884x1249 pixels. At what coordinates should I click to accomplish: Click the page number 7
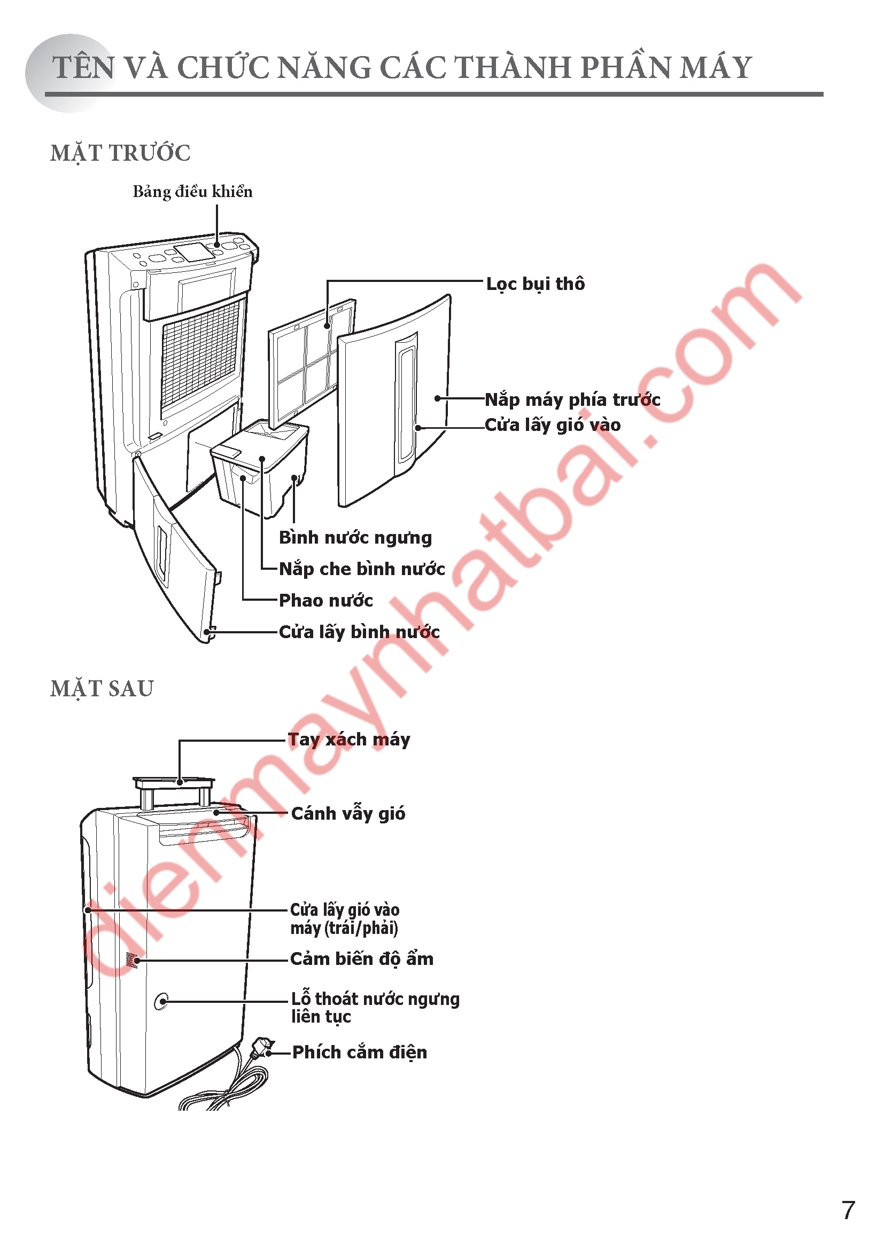click(x=848, y=1211)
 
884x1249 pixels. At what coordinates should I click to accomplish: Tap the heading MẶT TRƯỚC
click(x=120, y=153)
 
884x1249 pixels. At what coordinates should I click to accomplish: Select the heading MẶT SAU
click(x=102, y=689)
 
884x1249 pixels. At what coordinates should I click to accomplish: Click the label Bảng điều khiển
click(x=193, y=192)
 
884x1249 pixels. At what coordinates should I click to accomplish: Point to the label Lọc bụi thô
click(x=536, y=284)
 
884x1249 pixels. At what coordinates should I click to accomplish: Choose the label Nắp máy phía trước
click(x=572, y=400)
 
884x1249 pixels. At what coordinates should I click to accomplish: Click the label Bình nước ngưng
click(x=355, y=538)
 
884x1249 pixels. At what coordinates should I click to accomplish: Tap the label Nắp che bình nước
click(x=362, y=569)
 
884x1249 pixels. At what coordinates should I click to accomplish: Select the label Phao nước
click(x=326, y=601)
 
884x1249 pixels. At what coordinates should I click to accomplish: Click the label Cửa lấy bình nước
click(x=359, y=632)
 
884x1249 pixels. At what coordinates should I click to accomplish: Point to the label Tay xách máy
click(x=349, y=740)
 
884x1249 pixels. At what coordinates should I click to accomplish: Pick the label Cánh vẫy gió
click(x=348, y=814)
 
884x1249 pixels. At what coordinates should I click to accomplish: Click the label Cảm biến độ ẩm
click(x=362, y=959)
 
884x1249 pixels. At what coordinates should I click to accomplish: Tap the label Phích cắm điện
click(x=360, y=1052)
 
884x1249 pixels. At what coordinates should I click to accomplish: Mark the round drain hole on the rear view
click(x=161, y=1001)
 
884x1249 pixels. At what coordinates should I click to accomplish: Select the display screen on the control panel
click(x=194, y=252)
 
